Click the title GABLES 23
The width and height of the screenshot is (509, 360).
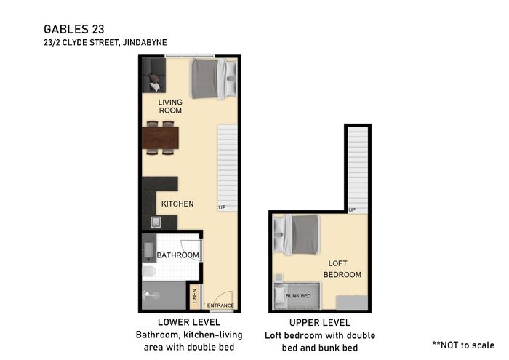74,29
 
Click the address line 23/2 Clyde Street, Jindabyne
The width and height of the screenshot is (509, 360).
105,42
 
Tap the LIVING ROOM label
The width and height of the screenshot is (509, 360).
170,106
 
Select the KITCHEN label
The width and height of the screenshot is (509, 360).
177,204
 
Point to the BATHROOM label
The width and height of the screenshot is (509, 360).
178,255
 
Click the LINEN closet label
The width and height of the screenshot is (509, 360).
195,296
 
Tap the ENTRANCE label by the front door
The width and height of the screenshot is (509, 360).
220,305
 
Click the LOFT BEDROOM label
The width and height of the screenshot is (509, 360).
342,269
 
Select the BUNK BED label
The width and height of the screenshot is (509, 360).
298,296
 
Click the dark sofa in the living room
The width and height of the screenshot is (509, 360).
154,76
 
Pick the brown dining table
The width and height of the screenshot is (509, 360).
161,137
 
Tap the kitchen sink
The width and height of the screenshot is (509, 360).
156,223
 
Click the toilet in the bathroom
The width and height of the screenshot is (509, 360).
149,271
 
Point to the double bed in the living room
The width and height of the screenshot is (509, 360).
214,79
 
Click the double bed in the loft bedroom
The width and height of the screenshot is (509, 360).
296,234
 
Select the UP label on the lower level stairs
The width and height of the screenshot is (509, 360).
222,207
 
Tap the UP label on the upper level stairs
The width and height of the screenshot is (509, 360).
352,210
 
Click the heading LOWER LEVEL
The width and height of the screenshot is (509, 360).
189,322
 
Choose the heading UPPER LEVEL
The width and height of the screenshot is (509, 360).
320,323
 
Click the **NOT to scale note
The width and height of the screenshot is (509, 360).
463,345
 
